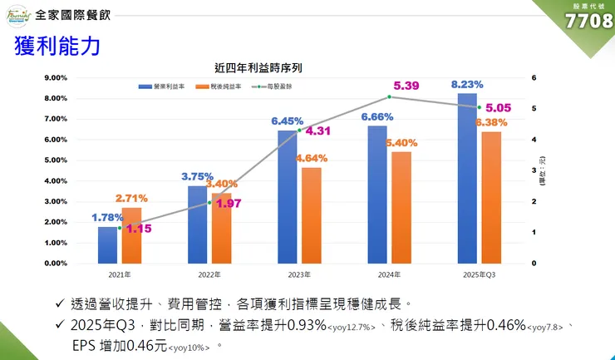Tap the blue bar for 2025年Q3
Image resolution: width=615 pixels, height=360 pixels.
[467, 178]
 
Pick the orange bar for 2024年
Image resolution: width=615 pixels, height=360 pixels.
[401, 207]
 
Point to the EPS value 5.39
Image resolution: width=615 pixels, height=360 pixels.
[406, 86]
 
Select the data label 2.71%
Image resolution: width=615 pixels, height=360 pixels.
[131, 198]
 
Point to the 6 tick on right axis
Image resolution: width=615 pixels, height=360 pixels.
[534, 77]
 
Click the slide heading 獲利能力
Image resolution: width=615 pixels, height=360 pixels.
[57, 47]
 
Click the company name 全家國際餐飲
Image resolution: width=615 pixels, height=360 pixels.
[78, 15]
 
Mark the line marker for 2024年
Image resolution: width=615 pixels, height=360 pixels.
[390, 96]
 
